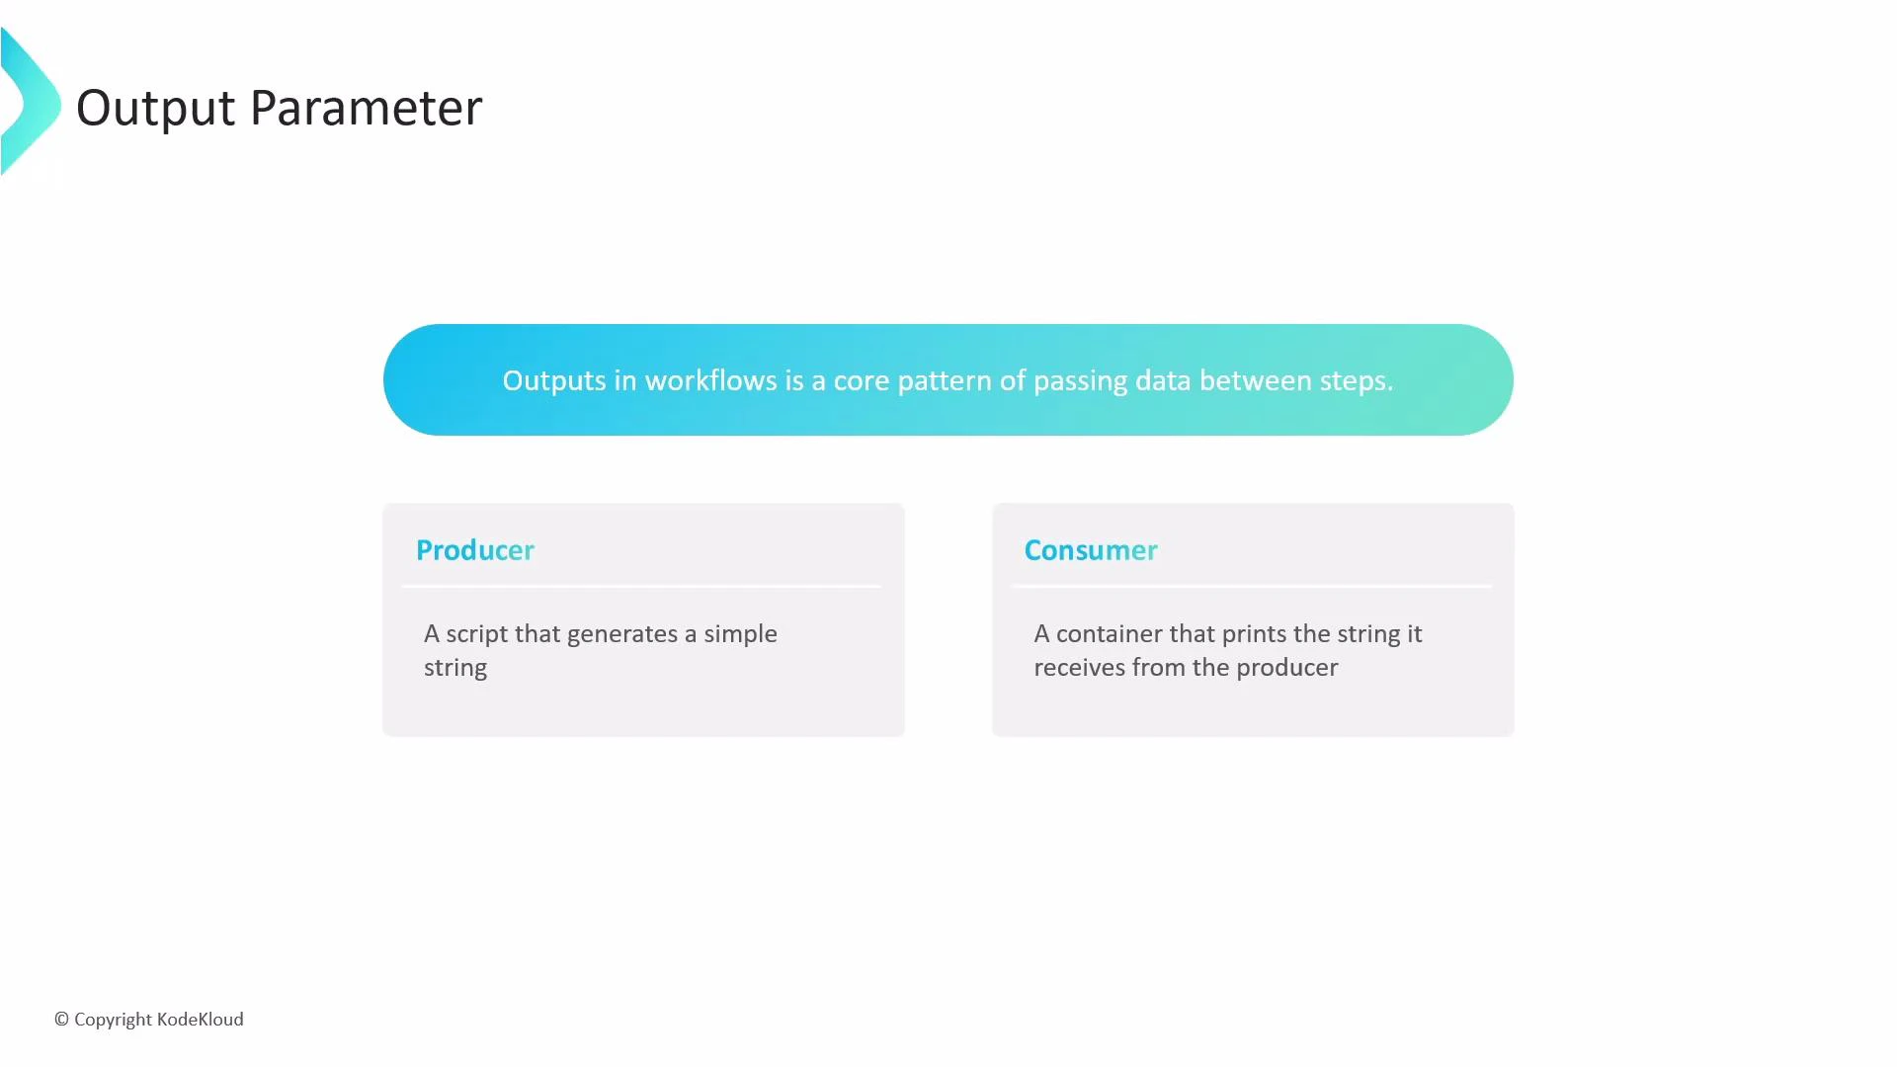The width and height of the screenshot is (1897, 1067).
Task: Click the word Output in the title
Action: pyautogui.click(x=156, y=108)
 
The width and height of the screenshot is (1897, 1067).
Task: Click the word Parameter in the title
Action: pyautogui.click(x=366, y=108)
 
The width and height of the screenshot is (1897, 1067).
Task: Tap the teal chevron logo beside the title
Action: pyautogui.click(x=30, y=102)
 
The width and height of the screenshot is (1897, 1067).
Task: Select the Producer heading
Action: pyautogui.click(x=474, y=550)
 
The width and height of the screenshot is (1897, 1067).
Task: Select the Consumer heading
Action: pyautogui.click(x=1090, y=550)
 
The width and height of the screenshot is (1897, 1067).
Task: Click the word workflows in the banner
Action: pyautogui.click(x=709, y=380)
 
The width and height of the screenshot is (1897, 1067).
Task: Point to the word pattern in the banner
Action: pyautogui.click(x=944, y=380)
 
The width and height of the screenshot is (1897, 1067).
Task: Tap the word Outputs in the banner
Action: pyautogui.click(x=553, y=380)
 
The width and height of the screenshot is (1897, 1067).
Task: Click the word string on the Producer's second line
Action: pyautogui.click(x=455, y=668)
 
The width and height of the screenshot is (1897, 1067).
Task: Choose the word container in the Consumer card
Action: pyautogui.click(x=1109, y=634)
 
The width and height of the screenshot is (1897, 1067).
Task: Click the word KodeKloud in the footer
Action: pyautogui.click(x=200, y=1020)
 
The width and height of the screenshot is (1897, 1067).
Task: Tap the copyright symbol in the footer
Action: pyautogui.click(x=61, y=1020)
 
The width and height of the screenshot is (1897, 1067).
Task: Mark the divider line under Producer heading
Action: pyautogui.click(x=641, y=587)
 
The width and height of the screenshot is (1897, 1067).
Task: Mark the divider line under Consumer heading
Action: pyautogui.click(x=1251, y=587)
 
